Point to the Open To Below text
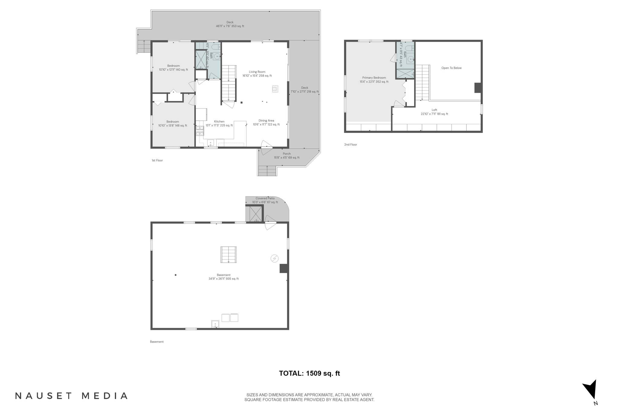451,68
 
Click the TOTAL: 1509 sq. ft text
309,373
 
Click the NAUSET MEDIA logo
71,396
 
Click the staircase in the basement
228,255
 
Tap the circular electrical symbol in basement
274,259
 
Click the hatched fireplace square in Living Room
275,89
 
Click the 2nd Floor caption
350,145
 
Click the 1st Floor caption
157,161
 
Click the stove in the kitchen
200,130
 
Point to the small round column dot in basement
176,275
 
